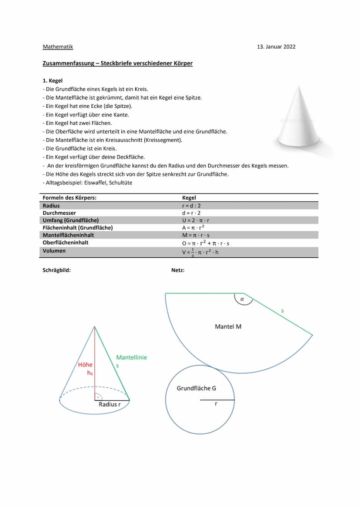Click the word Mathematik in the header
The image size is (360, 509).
point(58,47)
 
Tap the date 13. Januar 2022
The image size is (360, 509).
point(276,47)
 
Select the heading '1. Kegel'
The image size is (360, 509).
point(53,80)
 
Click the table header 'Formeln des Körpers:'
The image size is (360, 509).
point(70,198)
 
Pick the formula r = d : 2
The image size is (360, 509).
point(191,206)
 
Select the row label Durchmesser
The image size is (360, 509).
point(59,213)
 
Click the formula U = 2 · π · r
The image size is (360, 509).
point(196,220)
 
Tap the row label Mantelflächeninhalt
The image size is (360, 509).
point(68,235)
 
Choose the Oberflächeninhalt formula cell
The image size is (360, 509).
point(206,243)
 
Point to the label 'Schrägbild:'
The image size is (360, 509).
point(57,270)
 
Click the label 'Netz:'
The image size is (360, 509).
point(178,270)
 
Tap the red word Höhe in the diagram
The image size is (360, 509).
point(85,365)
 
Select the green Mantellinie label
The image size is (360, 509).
point(131,357)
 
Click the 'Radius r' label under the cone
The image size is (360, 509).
point(110,404)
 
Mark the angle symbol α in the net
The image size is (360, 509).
point(243,299)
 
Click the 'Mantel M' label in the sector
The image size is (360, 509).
point(228,326)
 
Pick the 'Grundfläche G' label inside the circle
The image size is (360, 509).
point(196,388)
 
